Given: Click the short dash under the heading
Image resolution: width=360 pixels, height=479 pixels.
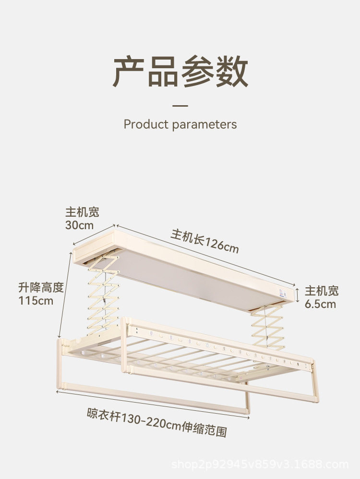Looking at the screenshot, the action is [180, 106].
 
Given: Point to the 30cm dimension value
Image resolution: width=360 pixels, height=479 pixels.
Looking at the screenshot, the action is [79, 225].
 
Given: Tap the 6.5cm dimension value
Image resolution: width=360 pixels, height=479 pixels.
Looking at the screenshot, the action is [320, 304].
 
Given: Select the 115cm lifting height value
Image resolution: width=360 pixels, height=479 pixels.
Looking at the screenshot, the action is [36, 301].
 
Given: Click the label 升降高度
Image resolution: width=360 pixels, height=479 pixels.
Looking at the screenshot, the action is [41, 288].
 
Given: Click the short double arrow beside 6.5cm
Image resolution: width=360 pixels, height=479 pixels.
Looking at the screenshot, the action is [298, 293].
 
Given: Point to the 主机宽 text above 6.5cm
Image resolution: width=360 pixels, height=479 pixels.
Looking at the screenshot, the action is [322, 291].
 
